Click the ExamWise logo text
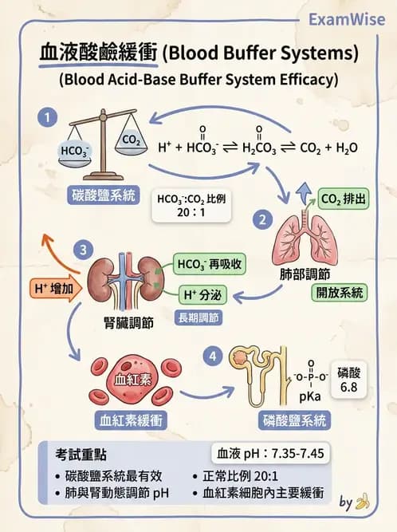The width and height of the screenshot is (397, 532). [x=347, y=19]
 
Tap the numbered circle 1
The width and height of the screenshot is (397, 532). [x=48, y=117]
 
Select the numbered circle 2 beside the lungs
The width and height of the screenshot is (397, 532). [x=262, y=219]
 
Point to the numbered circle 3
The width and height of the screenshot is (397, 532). [x=84, y=250]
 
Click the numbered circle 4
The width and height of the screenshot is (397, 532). [x=213, y=357]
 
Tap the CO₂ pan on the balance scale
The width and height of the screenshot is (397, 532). [x=132, y=142]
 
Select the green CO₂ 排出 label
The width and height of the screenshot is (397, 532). [x=344, y=199]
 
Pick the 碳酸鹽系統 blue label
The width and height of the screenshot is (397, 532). [x=104, y=195]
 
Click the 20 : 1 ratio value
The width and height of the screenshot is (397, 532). [x=191, y=213]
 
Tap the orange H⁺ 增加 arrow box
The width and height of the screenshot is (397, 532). [x=56, y=289]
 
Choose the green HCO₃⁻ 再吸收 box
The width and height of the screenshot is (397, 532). [x=209, y=264]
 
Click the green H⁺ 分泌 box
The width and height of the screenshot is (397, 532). [x=202, y=295]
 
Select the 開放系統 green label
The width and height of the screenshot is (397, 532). [x=340, y=293]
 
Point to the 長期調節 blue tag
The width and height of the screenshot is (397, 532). [x=198, y=318]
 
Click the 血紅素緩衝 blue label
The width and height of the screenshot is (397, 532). [x=131, y=420]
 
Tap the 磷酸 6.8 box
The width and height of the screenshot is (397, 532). [x=349, y=380]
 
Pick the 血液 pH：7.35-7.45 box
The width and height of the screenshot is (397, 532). [x=270, y=453]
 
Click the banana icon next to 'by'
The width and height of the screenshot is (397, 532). [x=363, y=502]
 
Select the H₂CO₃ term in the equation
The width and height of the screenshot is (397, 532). [x=259, y=148]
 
